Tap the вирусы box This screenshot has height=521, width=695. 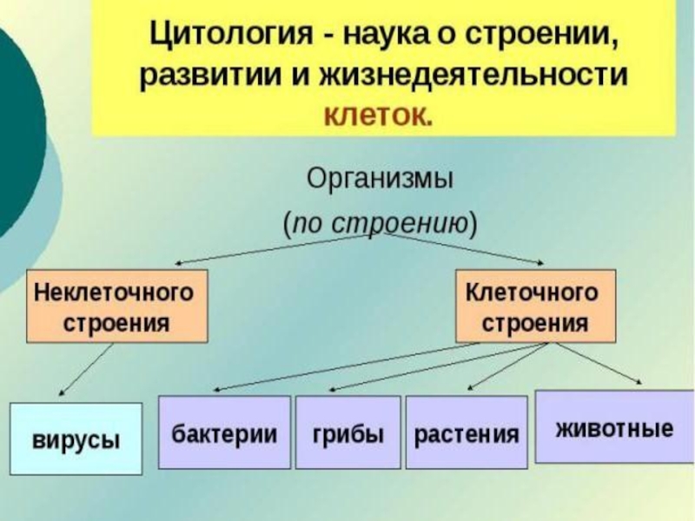76,439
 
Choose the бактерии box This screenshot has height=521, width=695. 224,432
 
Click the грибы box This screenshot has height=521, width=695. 347,432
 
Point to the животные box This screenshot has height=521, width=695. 613,427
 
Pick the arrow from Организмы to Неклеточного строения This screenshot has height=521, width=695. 269,248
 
